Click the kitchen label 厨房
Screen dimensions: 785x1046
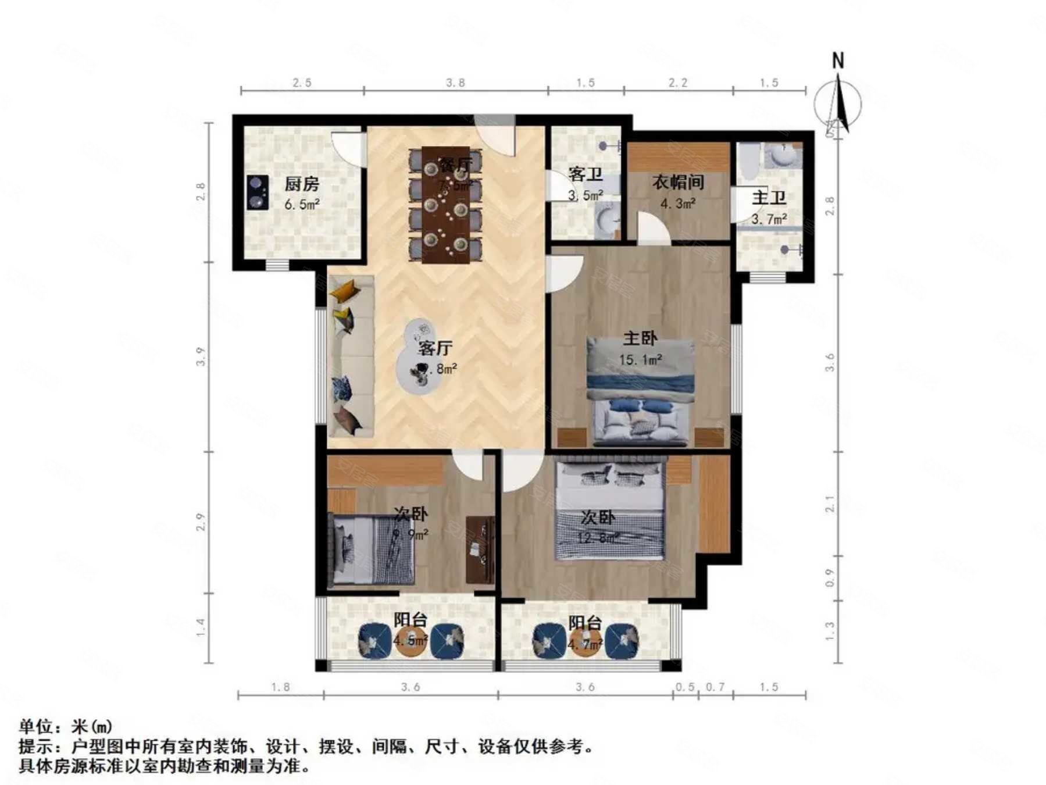(302, 184)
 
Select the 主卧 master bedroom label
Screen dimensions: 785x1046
(640, 338)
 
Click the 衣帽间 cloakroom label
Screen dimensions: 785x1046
(678, 182)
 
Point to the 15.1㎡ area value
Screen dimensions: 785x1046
(640, 360)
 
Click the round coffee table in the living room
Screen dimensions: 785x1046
(419, 356)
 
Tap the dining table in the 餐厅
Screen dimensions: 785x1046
(446, 205)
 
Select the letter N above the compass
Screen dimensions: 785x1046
(838, 60)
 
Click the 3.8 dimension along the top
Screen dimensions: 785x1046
(455, 83)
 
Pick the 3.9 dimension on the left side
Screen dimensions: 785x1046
(201, 356)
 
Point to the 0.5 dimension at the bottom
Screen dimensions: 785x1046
(685, 687)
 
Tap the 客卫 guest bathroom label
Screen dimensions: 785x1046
(585, 174)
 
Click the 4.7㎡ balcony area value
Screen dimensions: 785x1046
(585, 644)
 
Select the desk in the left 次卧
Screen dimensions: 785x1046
(480, 549)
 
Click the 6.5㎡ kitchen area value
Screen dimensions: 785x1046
(302, 205)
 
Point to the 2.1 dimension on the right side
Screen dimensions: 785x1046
(830, 504)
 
